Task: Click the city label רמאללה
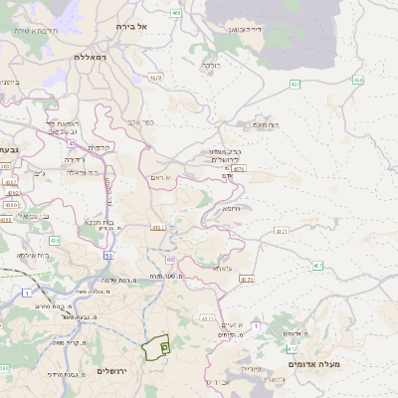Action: point(90,58)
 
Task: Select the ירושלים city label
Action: point(113,371)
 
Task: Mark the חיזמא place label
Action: point(233,209)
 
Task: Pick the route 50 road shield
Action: point(107,258)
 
